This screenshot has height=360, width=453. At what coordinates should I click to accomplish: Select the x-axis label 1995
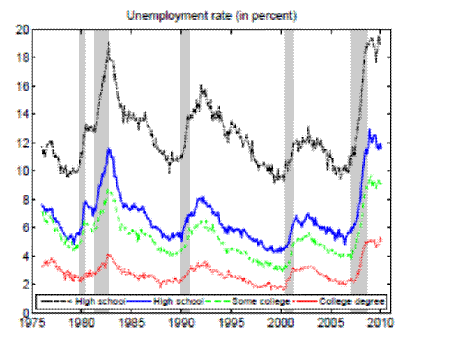(x=233, y=320)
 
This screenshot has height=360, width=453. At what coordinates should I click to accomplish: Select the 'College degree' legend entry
(x=356, y=302)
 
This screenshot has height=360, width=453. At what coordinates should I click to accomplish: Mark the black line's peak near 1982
(x=109, y=43)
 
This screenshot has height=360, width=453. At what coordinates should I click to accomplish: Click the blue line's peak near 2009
(x=370, y=131)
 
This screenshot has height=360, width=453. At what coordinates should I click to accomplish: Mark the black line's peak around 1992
(x=202, y=88)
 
